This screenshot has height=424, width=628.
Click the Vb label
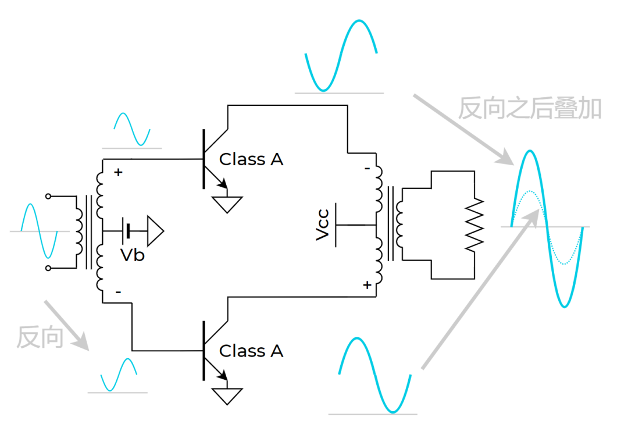pyautogui.click(x=133, y=255)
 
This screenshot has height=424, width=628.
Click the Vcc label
pyautogui.click(x=322, y=225)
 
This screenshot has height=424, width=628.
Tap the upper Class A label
pyautogui.click(x=251, y=159)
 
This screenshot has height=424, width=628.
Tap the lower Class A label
pyautogui.click(x=251, y=351)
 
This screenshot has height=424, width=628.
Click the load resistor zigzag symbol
pyautogui.click(x=474, y=225)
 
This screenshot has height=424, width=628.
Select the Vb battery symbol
pyautogui.click(x=127, y=231)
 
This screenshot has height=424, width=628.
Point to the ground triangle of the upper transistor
pyautogui.click(x=227, y=204)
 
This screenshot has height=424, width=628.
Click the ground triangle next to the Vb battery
pyautogui.click(x=155, y=231)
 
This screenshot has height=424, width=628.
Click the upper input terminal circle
pyautogui.click(x=48, y=196)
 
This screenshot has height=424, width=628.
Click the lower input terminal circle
pyautogui.click(x=48, y=268)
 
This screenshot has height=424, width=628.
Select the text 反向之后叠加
pyautogui.click(x=530, y=108)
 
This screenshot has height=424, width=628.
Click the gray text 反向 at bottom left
pyautogui.click(x=40, y=337)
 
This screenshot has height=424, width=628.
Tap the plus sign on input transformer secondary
pyautogui.click(x=118, y=172)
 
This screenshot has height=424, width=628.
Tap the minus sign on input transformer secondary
pyautogui.click(x=118, y=292)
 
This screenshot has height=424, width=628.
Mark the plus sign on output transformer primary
pyautogui.click(x=367, y=285)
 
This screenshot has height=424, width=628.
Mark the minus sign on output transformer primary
pyautogui.click(x=367, y=169)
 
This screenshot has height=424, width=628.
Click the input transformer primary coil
pyautogui.click(x=79, y=232)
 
